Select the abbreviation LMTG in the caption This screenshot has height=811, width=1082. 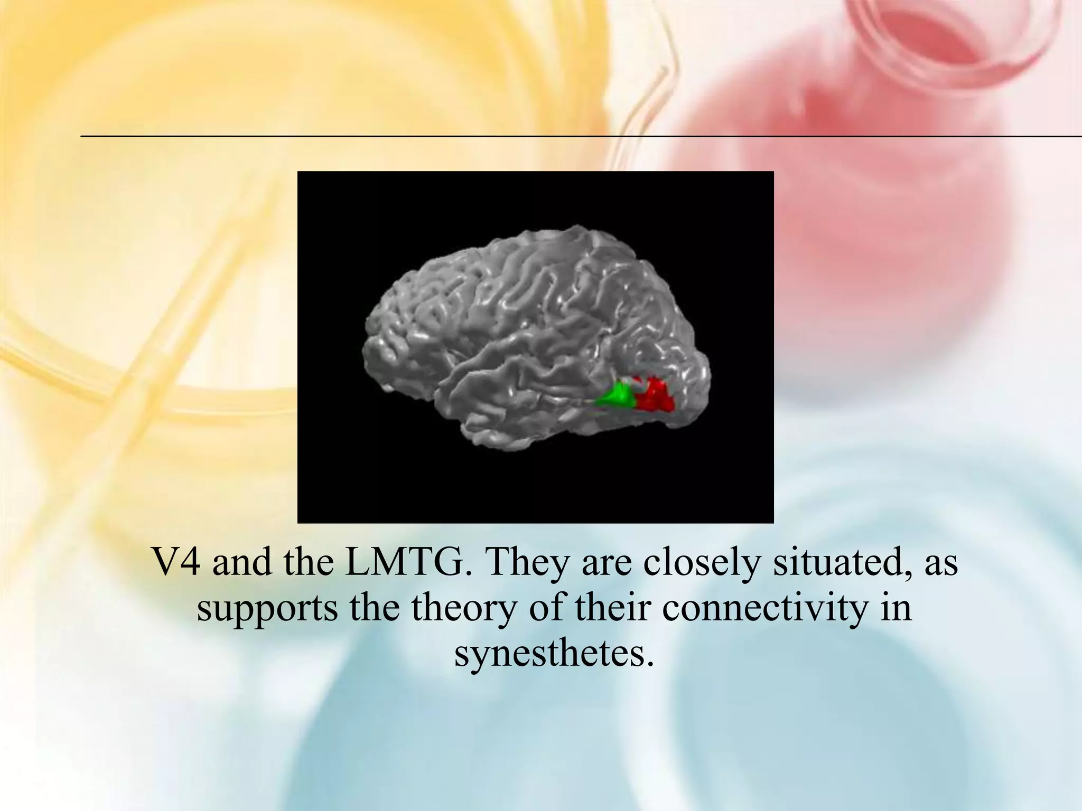pyautogui.click(x=408, y=563)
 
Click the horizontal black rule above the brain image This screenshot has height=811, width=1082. pyautogui.click(x=528, y=136)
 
